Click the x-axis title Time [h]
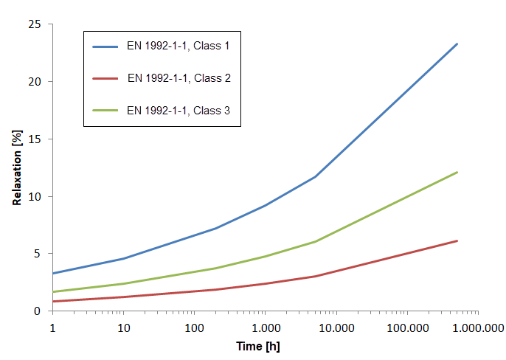(x=257, y=346)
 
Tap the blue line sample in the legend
(x=105, y=46)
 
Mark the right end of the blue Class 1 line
(x=457, y=44)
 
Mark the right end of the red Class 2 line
(x=457, y=240)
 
